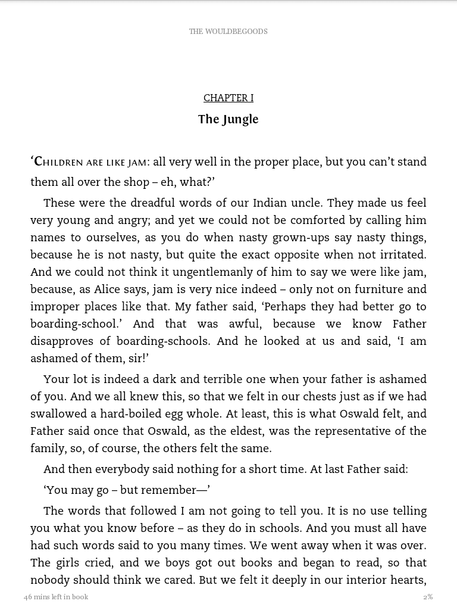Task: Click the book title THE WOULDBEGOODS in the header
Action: coord(228,32)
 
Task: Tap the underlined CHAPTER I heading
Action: coord(228,98)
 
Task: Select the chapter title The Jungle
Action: coord(228,119)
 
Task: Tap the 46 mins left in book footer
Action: coord(56,597)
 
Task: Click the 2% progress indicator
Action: coord(428,597)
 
